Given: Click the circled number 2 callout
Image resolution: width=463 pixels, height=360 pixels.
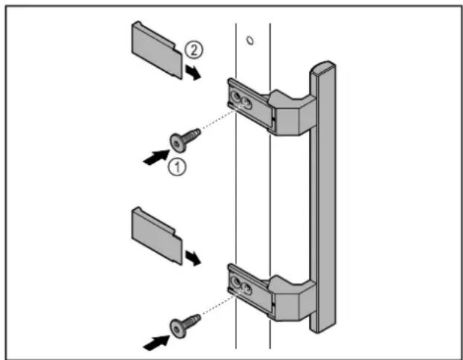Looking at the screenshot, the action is tap(194, 50).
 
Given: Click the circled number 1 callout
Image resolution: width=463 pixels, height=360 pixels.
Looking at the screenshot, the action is tap(177, 167).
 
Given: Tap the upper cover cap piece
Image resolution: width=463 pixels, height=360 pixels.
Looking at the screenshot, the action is tap(157, 50).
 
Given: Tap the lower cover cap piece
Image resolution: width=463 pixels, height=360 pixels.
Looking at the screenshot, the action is tap(157, 236).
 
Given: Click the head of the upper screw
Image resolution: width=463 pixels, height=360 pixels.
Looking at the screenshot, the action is tap(177, 144).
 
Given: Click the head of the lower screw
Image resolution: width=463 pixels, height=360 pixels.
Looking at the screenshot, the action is tap(177, 330).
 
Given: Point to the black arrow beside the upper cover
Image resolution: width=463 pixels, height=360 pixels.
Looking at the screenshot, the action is tap(193, 72).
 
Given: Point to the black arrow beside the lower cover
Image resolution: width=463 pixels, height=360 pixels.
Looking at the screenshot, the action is tap(193, 258).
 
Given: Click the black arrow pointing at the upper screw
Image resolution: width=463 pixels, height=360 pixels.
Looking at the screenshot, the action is tap(157, 158).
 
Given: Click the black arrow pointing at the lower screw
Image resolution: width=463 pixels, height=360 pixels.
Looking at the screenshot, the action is tap(157, 343).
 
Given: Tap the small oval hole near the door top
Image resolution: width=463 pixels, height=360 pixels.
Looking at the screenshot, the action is tap(250, 40).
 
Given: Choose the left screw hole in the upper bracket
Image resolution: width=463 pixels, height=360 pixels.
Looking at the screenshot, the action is tap(236, 96).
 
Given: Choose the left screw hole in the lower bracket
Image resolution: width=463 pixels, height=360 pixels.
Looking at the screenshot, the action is tap(236, 282).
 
